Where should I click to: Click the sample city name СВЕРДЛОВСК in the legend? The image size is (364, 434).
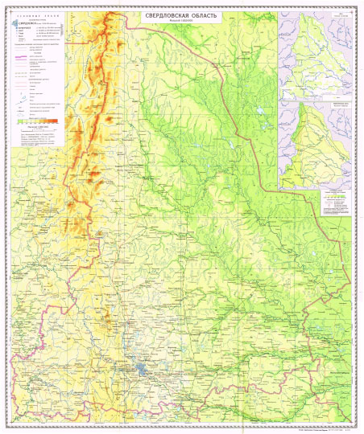click(x=29, y=23)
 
